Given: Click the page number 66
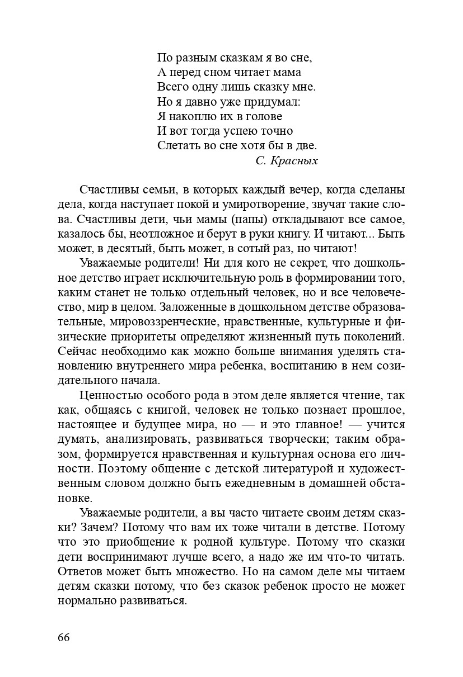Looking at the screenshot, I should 63,639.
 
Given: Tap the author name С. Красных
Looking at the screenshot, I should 286,160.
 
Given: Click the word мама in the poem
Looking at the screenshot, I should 286,72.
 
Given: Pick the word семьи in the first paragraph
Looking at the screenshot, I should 156,190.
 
